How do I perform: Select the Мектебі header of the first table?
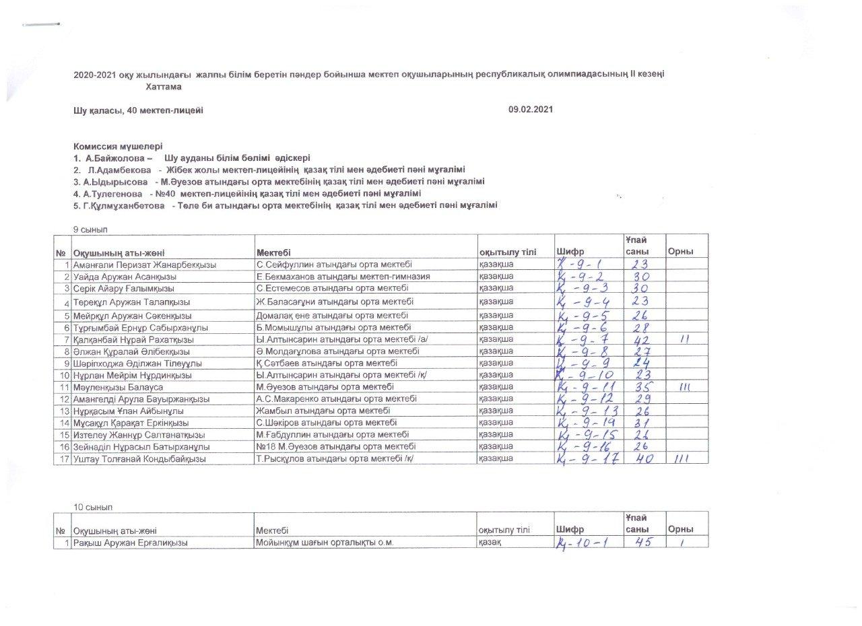273,252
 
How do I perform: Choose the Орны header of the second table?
680,530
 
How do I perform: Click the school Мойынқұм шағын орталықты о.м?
324,543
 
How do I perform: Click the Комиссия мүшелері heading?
119,146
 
